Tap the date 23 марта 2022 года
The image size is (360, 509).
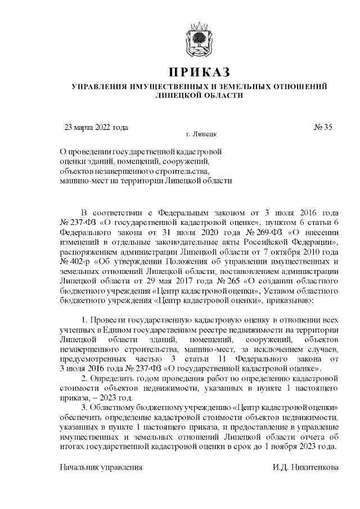point(97,127)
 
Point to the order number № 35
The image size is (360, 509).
point(323,127)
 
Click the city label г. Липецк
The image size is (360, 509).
point(200,135)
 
